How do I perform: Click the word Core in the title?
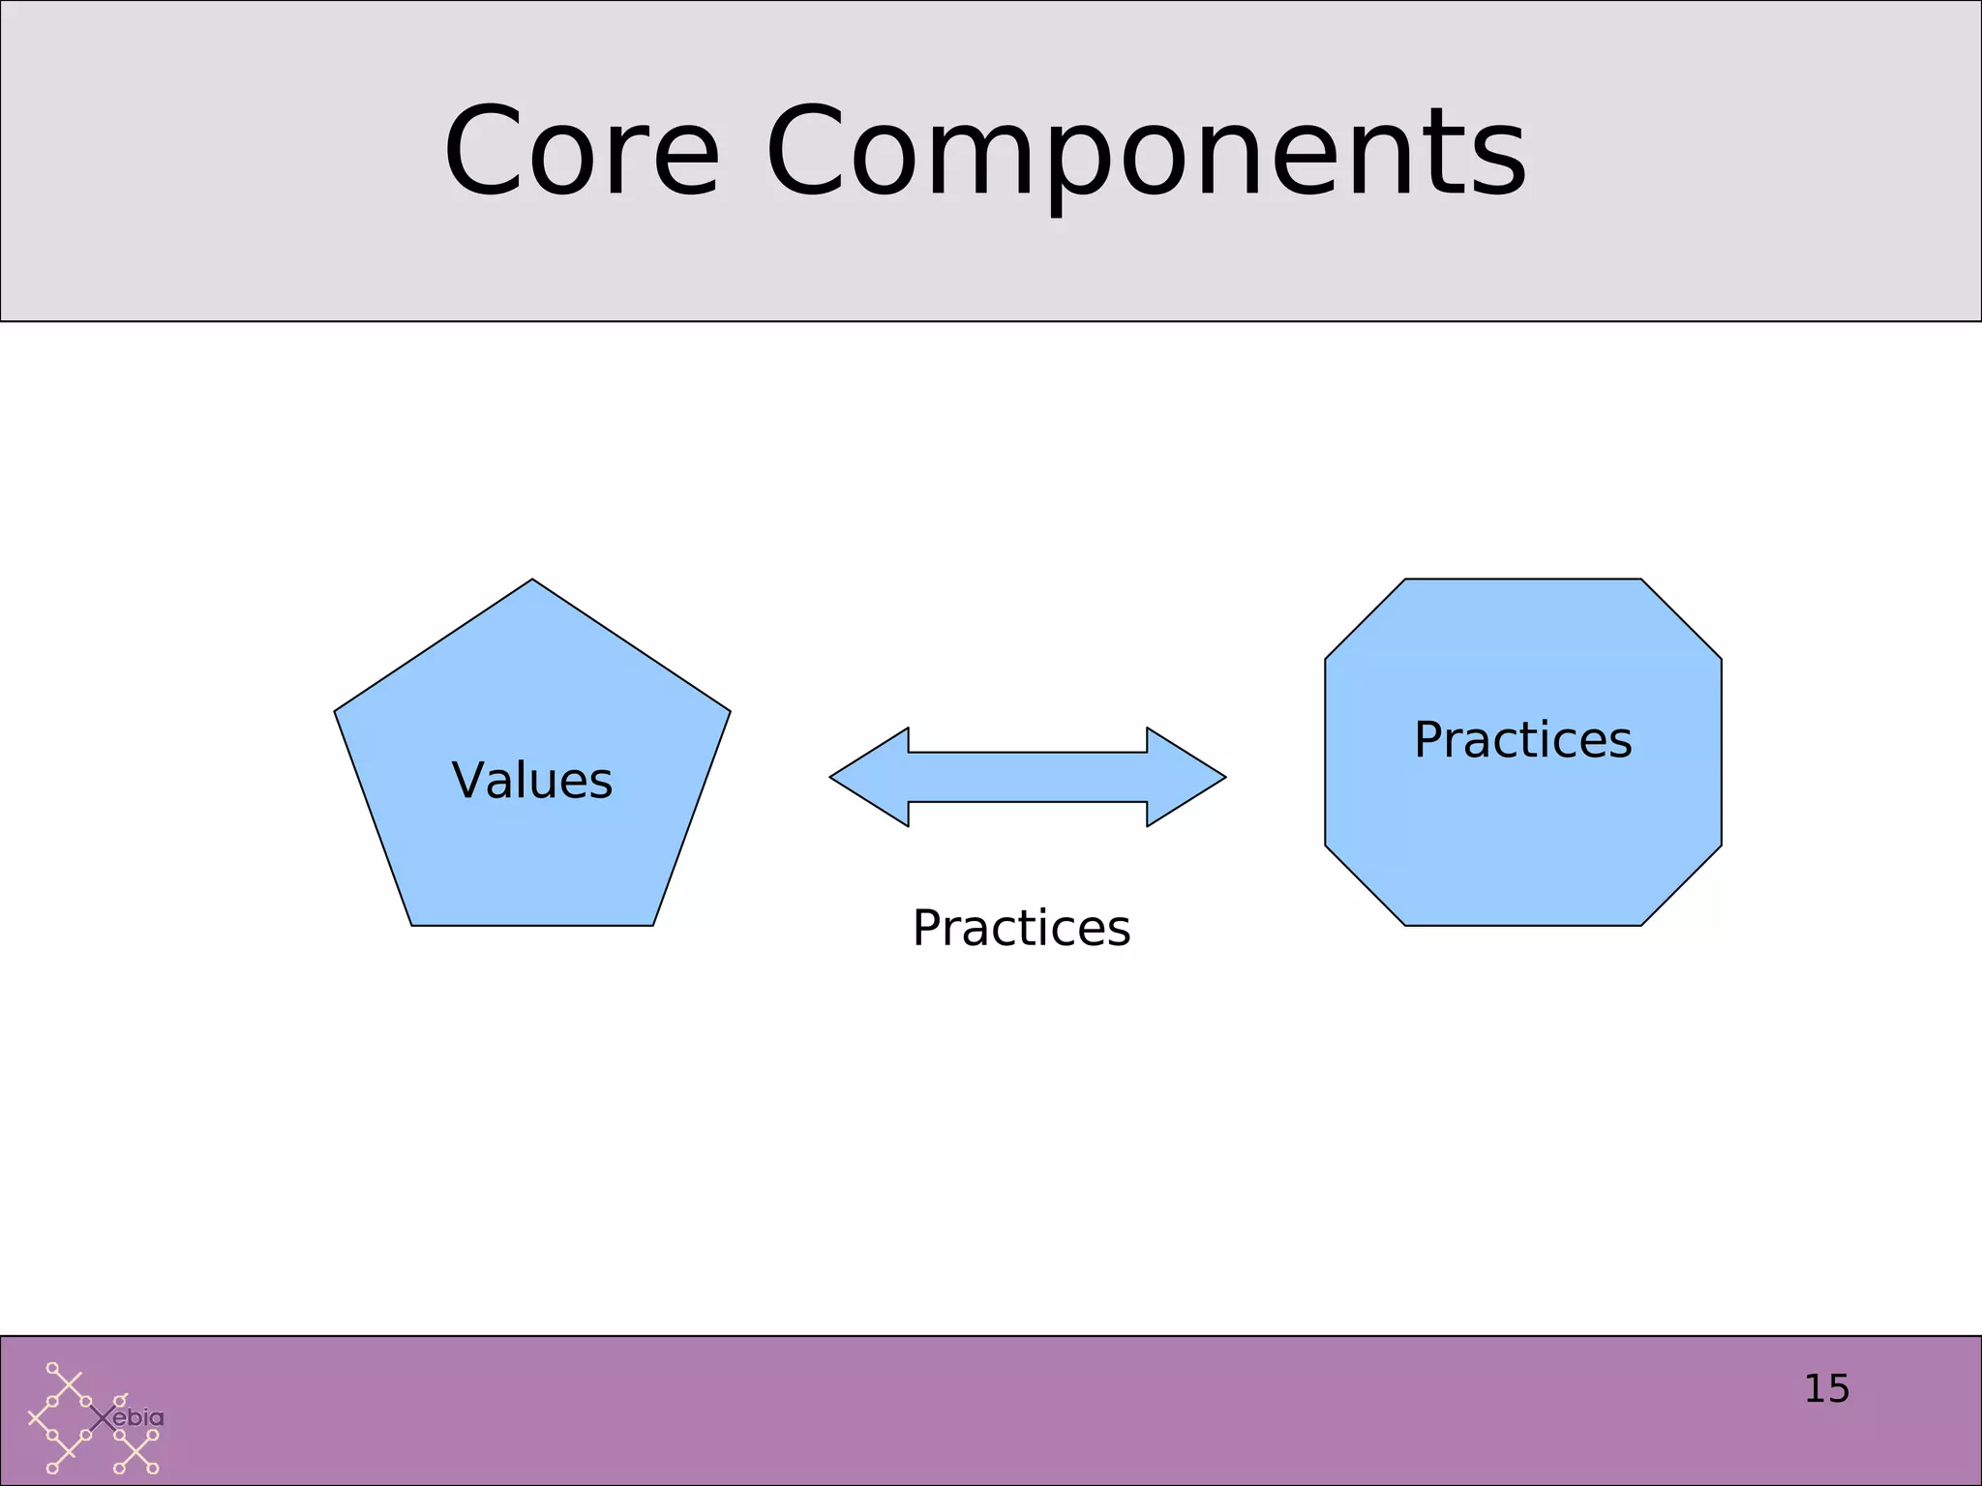click(x=582, y=152)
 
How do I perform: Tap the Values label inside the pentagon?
click(x=532, y=780)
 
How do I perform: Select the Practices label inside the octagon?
click(x=1522, y=740)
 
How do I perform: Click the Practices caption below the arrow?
click(x=1021, y=928)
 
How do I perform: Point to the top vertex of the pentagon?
click(x=532, y=580)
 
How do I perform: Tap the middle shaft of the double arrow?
click(x=1027, y=777)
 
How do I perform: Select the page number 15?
click(x=1826, y=1389)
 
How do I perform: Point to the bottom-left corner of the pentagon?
click(x=413, y=924)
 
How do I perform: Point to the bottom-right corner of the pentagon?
click(x=652, y=924)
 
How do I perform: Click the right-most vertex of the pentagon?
click(x=729, y=712)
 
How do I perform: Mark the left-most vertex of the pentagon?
click(x=336, y=712)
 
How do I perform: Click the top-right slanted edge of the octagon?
click(x=1681, y=619)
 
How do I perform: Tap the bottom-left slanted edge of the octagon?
click(x=1365, y=885)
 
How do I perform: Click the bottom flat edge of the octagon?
click(x=1522, y=925)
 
